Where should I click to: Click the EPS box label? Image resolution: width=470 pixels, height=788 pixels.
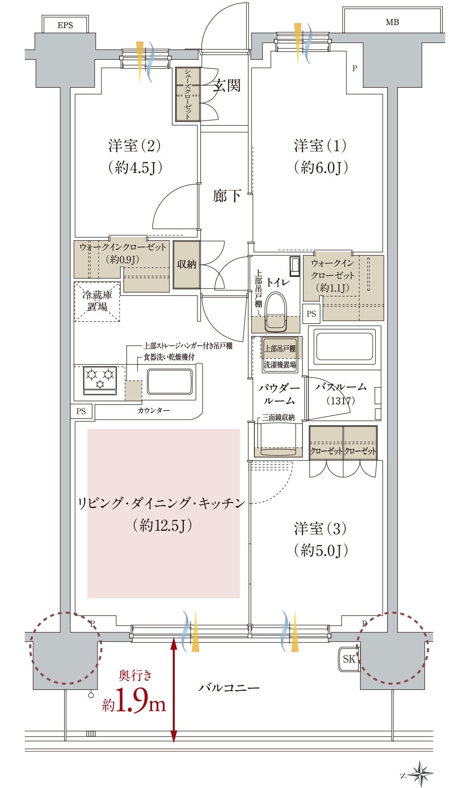point(65,25)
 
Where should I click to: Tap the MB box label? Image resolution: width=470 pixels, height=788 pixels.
point(392,22)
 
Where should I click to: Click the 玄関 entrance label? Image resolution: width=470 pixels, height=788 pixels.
point(227,86)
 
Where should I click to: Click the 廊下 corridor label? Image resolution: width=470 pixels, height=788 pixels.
point(227,196)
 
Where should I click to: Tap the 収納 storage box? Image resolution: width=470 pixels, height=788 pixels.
point(186,264)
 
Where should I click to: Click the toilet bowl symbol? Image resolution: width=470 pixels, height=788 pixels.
point(276,311)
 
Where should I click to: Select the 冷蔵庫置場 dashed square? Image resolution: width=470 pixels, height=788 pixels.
point(97,301)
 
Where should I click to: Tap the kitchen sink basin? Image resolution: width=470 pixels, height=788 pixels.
point(170,382)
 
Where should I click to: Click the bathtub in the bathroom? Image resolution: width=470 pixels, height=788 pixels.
point(344,347)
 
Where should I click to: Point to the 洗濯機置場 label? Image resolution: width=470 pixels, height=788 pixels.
point(280,365)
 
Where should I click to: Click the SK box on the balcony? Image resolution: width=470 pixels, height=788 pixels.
point(349,659)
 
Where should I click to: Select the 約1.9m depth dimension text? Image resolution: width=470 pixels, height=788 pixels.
point(135,700)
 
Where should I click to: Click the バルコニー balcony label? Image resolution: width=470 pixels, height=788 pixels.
point(229,688)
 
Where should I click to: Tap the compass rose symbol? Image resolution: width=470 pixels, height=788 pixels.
point(420,774)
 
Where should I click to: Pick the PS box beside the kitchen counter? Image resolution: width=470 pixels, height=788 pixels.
point(81,411)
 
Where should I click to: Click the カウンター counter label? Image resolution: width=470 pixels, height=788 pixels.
point(153,410)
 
